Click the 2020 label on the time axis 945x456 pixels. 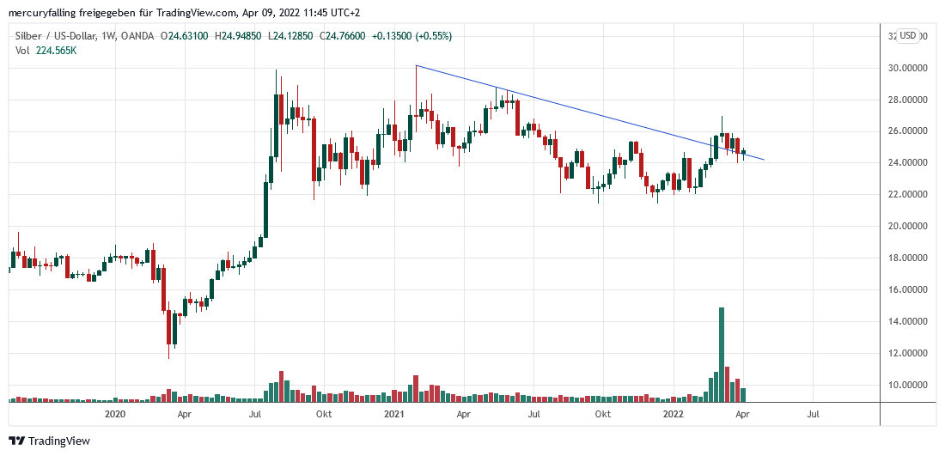point(115,414)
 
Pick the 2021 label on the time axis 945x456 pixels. point(394,414)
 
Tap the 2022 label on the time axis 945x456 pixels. point(673,414)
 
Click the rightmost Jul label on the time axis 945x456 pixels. point(813,414)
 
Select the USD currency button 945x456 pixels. point(907,36)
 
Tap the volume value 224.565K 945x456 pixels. point(56,51)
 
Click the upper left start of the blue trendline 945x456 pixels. point(416,65)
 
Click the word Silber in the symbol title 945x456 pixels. point(28,36)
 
